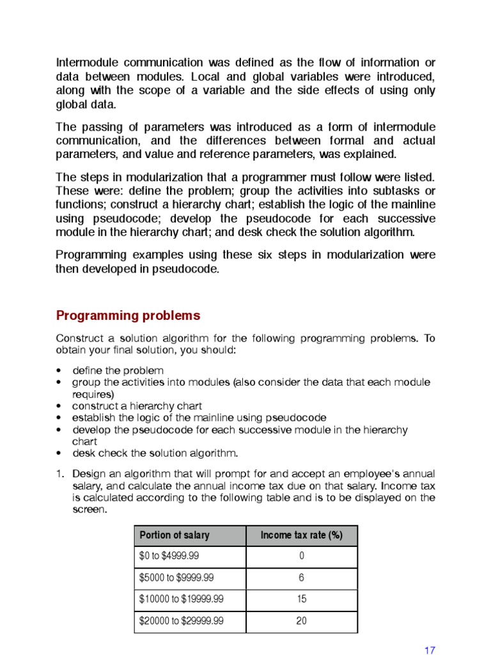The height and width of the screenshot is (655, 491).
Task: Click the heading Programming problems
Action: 128,315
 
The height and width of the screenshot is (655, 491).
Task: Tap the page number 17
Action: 430,650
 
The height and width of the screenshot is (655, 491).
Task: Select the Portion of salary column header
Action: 174,536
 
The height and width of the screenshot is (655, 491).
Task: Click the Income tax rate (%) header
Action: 301,536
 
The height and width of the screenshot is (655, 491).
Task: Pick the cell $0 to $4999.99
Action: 168,556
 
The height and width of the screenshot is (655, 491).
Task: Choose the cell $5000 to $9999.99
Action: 176,578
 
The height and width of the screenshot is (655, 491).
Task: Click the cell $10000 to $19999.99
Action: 182,599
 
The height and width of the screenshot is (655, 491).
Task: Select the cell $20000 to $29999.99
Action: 182,620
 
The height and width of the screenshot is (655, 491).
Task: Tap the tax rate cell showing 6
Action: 301,578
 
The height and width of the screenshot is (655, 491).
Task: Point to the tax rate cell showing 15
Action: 301,599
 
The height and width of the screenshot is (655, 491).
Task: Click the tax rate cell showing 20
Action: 301,620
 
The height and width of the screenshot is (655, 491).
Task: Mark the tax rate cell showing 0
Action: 301,556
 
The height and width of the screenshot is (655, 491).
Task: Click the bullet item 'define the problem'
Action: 118,370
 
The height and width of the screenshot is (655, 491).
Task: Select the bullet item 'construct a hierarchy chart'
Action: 137,406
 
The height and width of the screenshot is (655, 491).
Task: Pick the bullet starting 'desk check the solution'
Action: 155,454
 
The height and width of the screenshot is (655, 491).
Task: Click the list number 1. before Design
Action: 60,473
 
